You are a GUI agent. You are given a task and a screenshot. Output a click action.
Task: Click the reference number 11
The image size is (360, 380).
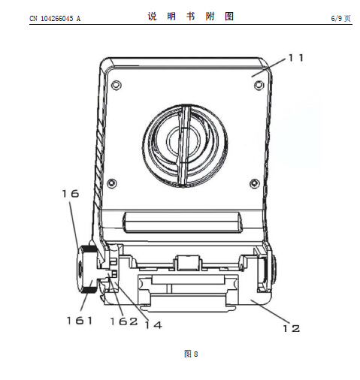pyautogui.click(x=296, y=58)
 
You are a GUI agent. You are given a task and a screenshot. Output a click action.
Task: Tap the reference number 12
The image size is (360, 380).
pyautogui.click(x=291, y=328)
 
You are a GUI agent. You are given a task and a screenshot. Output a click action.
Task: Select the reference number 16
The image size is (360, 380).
pyautogui.click(x=71, y=194)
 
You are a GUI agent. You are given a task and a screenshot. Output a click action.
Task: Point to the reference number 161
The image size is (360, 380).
pyautogui.click(x=80, y=321)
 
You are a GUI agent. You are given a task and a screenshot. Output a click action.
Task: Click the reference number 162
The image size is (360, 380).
pyautogui.click(x=124, y=321)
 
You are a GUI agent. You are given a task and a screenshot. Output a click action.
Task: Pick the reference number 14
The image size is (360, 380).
pyautogui.click(x=153, y=325)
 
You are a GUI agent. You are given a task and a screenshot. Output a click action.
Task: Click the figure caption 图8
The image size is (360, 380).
pyautogui.click(x=191, y=354)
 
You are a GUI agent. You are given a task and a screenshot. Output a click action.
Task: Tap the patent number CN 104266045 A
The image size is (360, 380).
pyautogui.click(x=55, y=18)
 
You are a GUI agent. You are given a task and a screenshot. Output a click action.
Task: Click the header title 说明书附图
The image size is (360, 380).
pyautogui.click(x=191, y=17)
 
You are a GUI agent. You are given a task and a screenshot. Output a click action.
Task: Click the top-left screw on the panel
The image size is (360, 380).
pyautogui.click(x=116, y=85)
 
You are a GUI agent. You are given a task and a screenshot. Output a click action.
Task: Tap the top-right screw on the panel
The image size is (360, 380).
pyautogui.click(x=259, y=85)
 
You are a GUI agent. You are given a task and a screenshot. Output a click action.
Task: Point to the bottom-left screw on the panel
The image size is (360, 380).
pyautogui.click(x=112, y=183)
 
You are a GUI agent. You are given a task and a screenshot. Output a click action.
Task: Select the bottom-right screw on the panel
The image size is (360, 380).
pyautogui.click(x=255, y=183)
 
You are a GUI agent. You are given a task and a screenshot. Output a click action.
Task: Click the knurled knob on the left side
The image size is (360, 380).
pyautogui.click(x=87, y=270)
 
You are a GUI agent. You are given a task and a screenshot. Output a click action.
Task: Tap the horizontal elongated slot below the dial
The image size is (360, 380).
pyautogui.click(x=183, y=222)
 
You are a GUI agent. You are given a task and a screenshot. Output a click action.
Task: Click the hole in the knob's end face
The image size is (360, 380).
pyautogui.click(x=80, y=270)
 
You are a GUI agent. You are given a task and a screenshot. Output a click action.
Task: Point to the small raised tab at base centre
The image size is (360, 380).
pyautogui.click(x=188, y=263)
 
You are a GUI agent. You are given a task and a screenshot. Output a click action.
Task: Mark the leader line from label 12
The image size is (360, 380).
pyautogui.click(x=272, y=311)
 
